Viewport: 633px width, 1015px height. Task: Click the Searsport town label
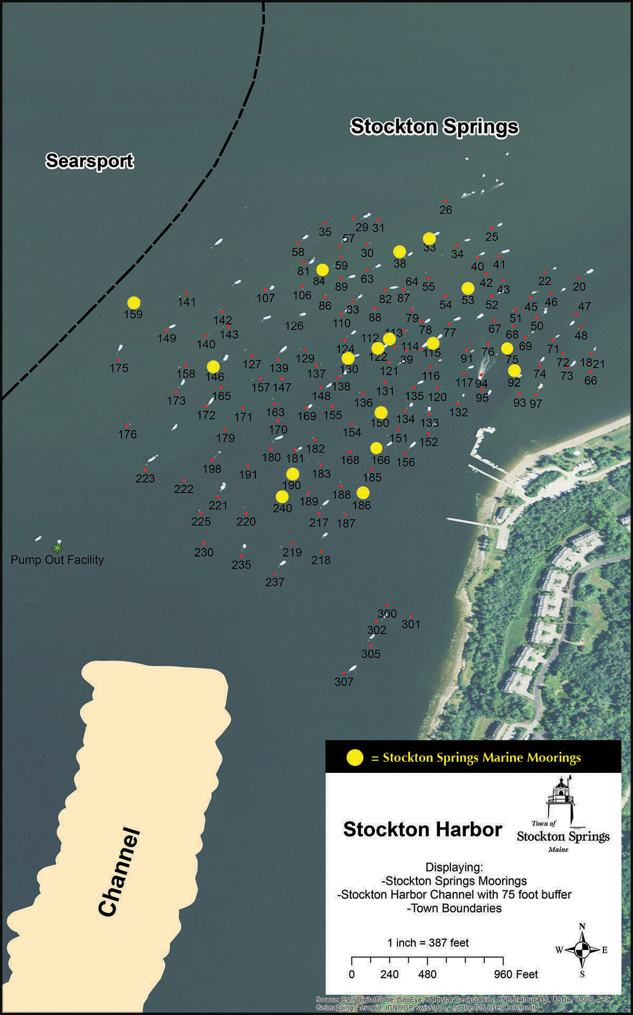pos(90,161)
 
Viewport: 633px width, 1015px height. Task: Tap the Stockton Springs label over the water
pos(435,127)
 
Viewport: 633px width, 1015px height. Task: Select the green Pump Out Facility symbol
pos(57,548)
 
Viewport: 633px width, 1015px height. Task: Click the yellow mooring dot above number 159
pos(134,303)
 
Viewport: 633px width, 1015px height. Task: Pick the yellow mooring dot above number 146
pos(213,366)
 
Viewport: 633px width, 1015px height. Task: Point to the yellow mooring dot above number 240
pos(282,496)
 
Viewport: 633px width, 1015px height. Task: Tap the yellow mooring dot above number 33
pos(429,238)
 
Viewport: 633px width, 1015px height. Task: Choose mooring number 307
pos(344,681)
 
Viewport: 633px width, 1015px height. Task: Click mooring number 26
pos(446,209)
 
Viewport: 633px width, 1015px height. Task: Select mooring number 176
pos(128,434)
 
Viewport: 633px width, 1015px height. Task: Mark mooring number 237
pos(275,581)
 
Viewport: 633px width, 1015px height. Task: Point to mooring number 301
pos(411,624)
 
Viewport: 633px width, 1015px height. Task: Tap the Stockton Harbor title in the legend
pos(423,829)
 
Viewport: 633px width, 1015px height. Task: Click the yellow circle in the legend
pos(355,758)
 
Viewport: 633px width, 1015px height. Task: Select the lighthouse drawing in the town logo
pos(560,799)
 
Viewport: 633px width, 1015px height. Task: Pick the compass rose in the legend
pos(582,950)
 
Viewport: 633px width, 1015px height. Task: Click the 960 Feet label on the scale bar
pos(516,974)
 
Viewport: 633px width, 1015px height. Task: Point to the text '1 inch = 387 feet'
pos(428,943)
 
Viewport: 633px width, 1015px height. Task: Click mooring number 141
pos(187,302)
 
